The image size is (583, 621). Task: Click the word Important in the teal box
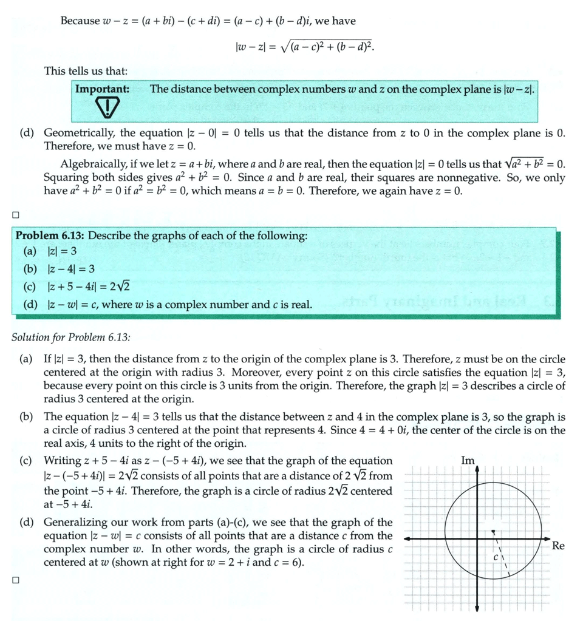[x=102, y=89]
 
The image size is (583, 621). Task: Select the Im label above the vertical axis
[x=468, y=461]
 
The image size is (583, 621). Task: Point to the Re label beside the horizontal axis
[x=558, y=546]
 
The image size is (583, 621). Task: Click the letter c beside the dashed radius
[x=496, y=556]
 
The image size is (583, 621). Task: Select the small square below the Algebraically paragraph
[x=15, y=214]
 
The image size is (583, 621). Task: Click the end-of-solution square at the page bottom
[x=15, y=580]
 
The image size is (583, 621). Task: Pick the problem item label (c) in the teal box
[x=29, y=287]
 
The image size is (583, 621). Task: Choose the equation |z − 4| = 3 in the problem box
[x=70, y=269]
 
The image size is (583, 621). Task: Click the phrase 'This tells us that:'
[x=86, y=71]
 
